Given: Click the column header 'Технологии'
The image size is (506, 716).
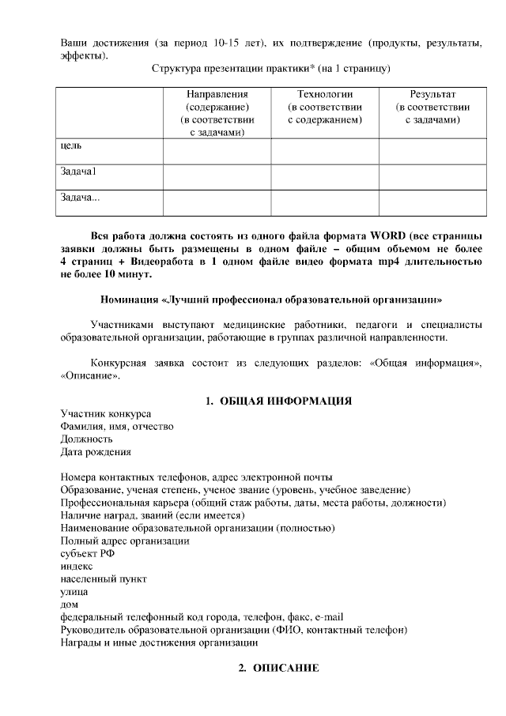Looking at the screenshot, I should [x=324, y=94].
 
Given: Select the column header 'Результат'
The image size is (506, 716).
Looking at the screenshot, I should [x=432, y=94].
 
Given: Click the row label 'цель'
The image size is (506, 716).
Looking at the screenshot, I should [x=71, y=146].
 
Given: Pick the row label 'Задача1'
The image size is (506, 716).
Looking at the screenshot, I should [x=78, y=171].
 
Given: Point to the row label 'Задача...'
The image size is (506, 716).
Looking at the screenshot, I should [x=80, y=197].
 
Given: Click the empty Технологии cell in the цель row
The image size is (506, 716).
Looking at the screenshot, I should [x=324, y=151].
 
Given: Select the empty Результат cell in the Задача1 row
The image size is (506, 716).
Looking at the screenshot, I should [x=432, y=176].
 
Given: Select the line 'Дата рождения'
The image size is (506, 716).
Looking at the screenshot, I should [x=96, y=453].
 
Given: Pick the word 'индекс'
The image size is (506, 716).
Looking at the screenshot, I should [x=77, y=566].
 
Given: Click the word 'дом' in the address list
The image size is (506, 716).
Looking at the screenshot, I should [x=70, y=604].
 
